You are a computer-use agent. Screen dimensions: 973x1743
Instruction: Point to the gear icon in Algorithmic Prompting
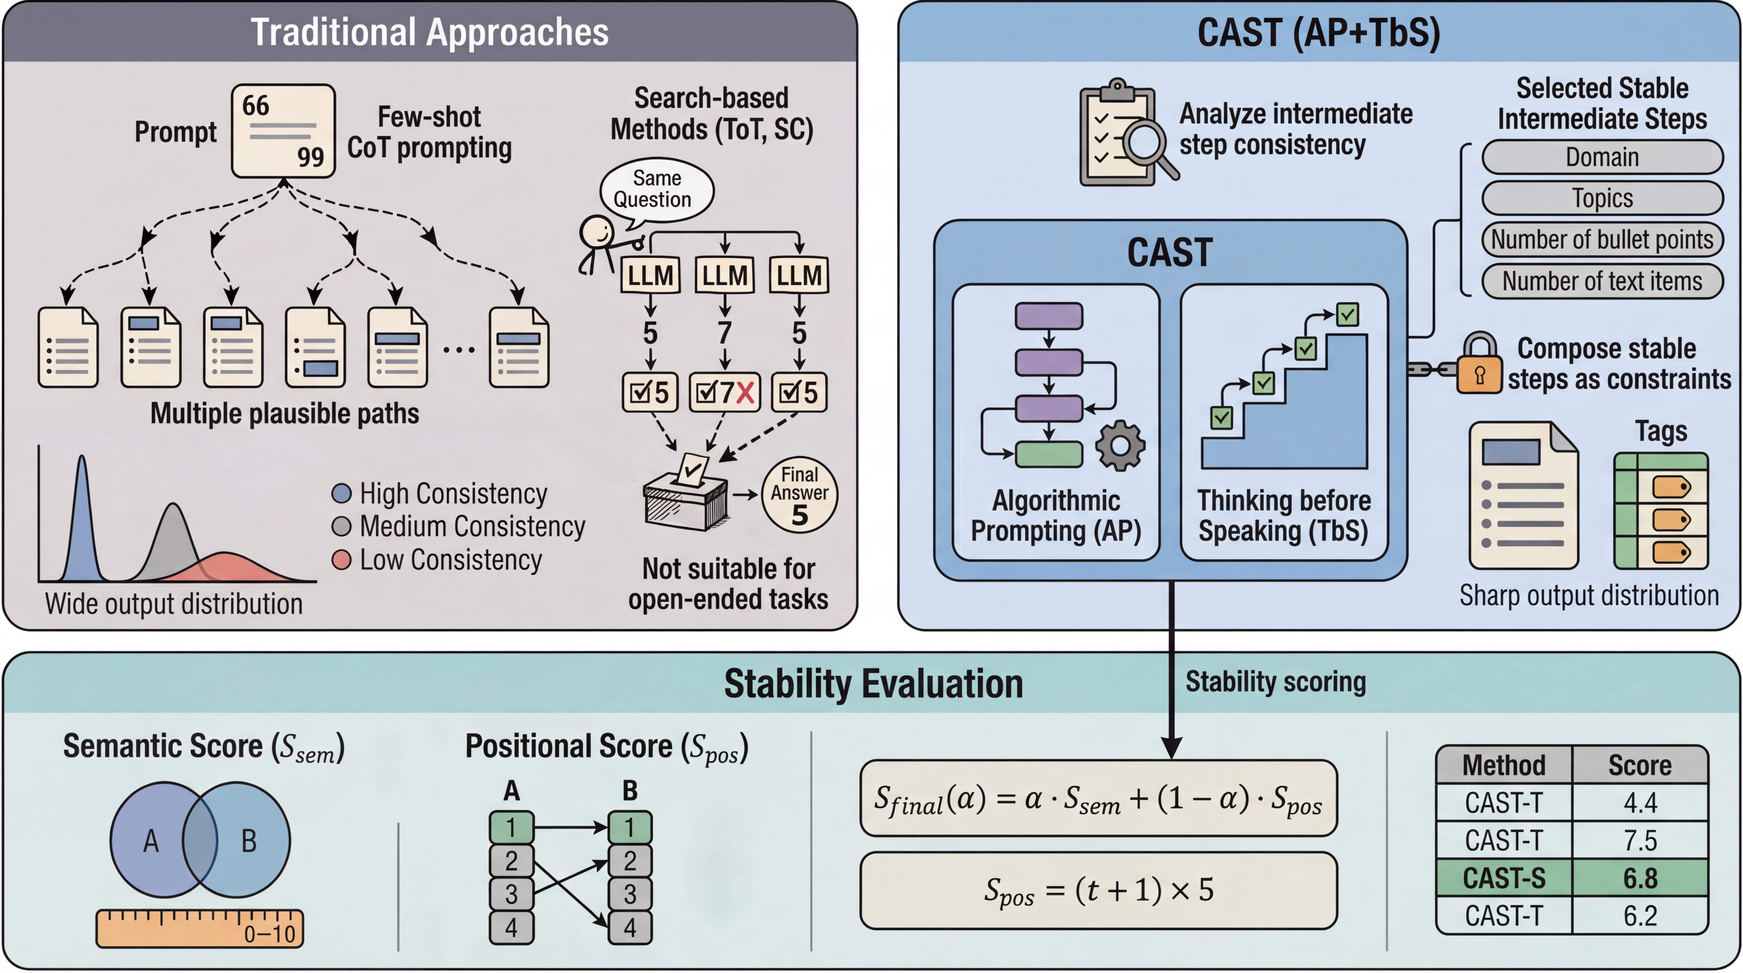click(x=1120, y=445)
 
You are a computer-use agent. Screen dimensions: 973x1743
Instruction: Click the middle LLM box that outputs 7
click(x=725, y=275)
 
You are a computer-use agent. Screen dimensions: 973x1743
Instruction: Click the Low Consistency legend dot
click(x=342, y=560)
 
